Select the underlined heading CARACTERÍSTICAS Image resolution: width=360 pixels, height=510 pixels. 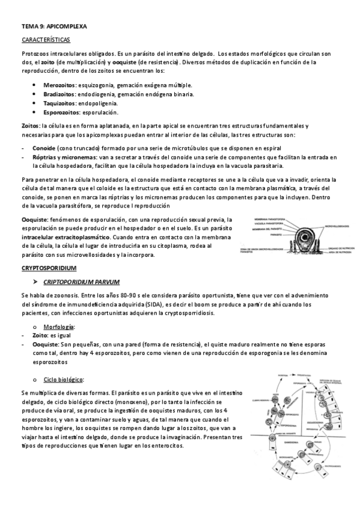click(45, 40)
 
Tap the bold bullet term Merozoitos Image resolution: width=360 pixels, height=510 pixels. click(59, 85)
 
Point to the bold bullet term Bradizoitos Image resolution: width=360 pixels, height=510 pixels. click(59, 94)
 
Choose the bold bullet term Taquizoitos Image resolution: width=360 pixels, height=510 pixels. click(59, 103)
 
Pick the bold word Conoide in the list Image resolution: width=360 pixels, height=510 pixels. click(44, 147)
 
